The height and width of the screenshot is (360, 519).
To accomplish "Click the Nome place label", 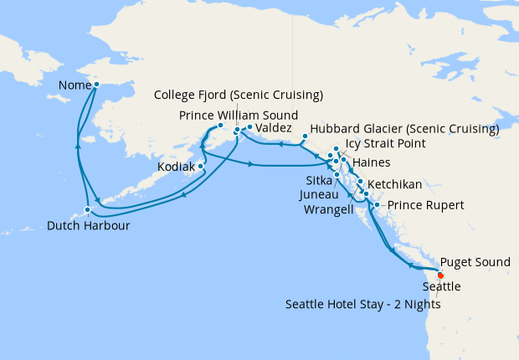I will [75, 85].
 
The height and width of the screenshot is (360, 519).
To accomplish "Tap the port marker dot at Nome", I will [97, 85].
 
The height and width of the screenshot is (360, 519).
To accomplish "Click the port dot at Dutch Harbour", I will [87, 209].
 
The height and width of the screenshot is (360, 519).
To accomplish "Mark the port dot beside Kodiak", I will [201, 166].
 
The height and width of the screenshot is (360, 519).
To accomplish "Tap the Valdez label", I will [274, 128].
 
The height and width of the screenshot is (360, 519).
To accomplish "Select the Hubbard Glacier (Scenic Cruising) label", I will [404, 130].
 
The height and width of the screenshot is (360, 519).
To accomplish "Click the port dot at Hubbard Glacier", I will [303, 136].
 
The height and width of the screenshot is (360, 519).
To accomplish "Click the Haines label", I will [372, 162].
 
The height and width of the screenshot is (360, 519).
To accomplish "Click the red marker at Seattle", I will [440, 274].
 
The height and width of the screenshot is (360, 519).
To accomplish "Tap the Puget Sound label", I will [475, 262].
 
